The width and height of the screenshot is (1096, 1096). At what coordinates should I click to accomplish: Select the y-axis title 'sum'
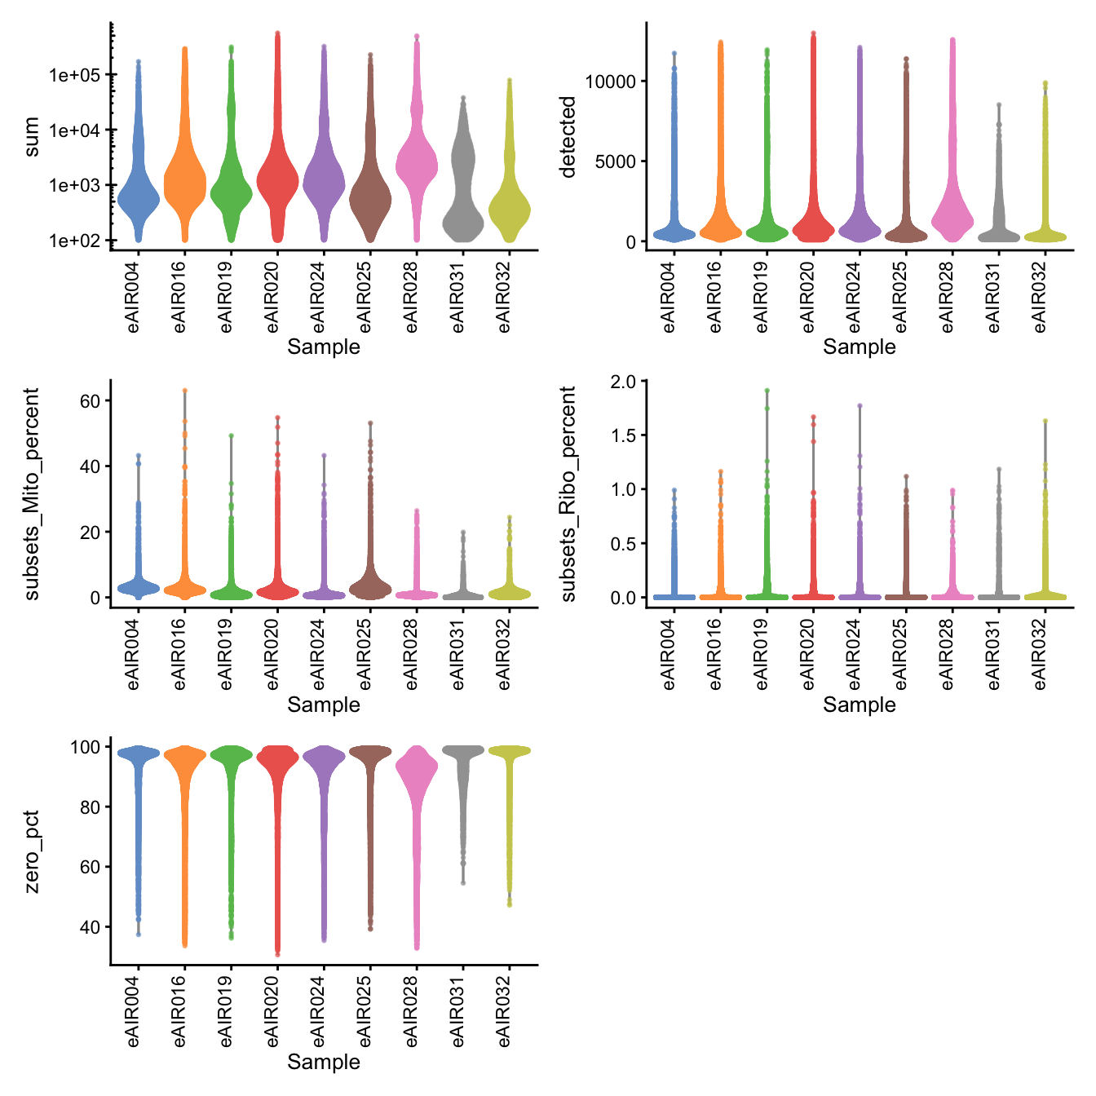(x=32, y=136)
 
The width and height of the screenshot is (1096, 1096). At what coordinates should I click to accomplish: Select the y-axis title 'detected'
(x=568, y=136)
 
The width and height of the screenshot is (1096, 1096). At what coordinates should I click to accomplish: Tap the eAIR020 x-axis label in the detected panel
(x=808, y=294)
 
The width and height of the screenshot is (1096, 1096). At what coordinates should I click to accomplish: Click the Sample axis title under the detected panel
(x=859, y=347)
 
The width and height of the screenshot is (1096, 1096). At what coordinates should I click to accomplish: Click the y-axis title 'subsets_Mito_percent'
(x=32, y=494)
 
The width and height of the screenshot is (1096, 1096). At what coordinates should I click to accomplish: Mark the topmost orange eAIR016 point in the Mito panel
(x=185, y=391)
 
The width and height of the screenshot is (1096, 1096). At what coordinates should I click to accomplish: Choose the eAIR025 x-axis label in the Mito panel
(x=365, y=652)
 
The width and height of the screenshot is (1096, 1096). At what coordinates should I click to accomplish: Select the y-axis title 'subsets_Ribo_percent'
(x=568, y=494)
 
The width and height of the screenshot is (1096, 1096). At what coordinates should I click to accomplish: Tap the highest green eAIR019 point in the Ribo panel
(x=767, y=391)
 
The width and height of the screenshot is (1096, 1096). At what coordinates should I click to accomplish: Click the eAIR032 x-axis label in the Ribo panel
(x=1040, y=652)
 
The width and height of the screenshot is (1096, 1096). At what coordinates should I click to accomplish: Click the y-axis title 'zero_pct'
(x=32, y=851)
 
